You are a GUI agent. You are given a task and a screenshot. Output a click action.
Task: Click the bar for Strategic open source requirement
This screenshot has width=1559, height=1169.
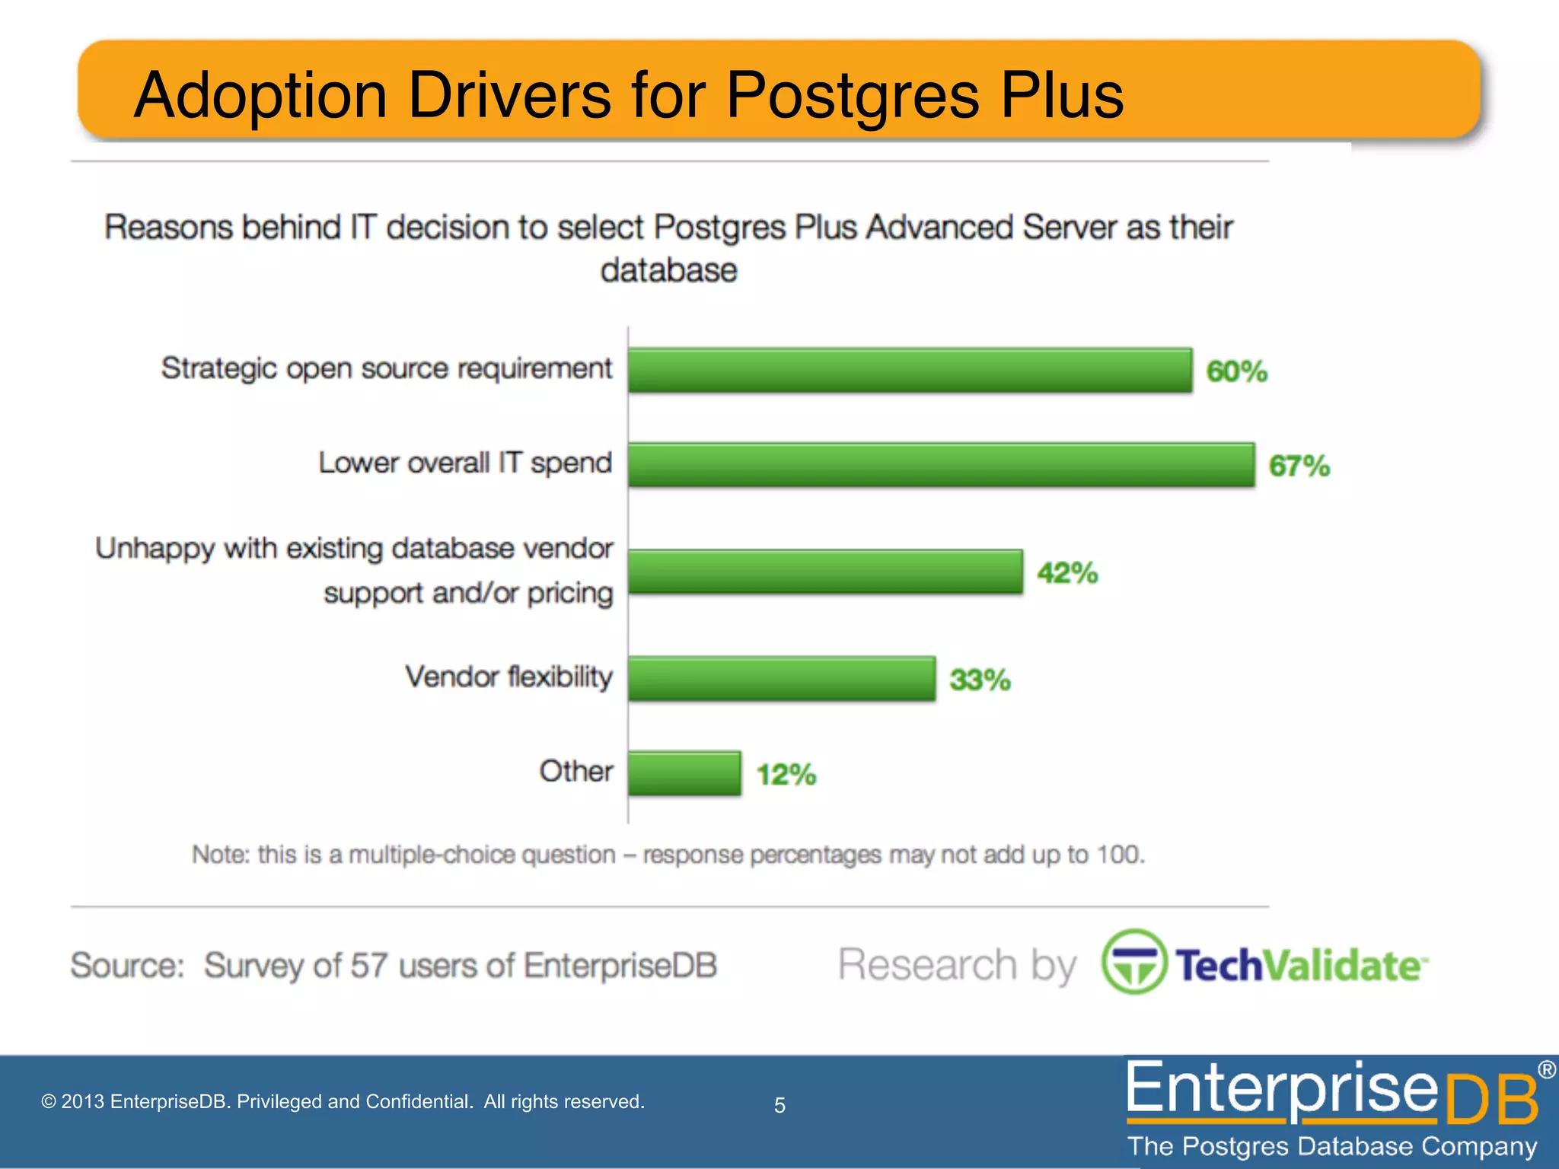point(910,371)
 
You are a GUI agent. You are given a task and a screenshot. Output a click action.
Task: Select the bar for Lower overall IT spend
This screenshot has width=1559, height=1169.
point(941,464)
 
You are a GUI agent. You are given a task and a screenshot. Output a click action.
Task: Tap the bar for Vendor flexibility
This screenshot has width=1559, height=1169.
point(782,678)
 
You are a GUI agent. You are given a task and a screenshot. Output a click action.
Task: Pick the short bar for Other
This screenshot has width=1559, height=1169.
point(684,773)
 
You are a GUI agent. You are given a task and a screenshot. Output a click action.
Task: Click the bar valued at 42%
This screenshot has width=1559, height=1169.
point(825,572)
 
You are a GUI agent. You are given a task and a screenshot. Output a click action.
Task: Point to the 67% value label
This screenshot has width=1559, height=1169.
point(1299,466)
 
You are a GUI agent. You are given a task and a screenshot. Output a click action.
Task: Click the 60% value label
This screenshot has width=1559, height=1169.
point(1236,371)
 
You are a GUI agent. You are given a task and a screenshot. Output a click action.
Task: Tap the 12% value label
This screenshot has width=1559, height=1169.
point(786,775)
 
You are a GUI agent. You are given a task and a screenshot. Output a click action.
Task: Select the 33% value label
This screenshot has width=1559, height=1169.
point(980,680)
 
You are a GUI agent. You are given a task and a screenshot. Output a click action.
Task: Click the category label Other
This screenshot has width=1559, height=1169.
point(575,771)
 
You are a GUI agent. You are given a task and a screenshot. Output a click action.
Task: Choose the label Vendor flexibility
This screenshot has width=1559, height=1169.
point(509,677)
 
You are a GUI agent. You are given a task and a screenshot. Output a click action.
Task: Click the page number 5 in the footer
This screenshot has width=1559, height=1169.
point(779,1105)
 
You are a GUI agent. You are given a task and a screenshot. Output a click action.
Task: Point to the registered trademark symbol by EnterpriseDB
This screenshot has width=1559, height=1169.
point(1546,1069)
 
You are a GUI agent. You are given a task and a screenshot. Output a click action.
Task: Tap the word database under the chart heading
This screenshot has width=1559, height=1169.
point(668,270)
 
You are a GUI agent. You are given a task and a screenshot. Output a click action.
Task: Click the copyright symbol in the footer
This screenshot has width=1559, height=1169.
point(49,1101)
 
